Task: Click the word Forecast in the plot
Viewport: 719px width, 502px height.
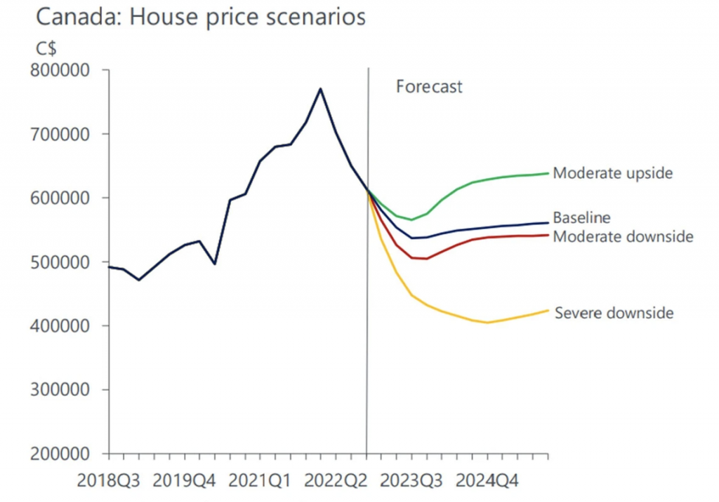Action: click(429, 87)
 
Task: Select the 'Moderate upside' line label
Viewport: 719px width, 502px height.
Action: click(613, 172)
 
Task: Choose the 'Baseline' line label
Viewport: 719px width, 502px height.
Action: click(582, 217)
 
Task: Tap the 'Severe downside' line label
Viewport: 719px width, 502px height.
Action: click(614, 313)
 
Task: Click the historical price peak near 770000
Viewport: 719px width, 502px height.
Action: click(320, 88)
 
